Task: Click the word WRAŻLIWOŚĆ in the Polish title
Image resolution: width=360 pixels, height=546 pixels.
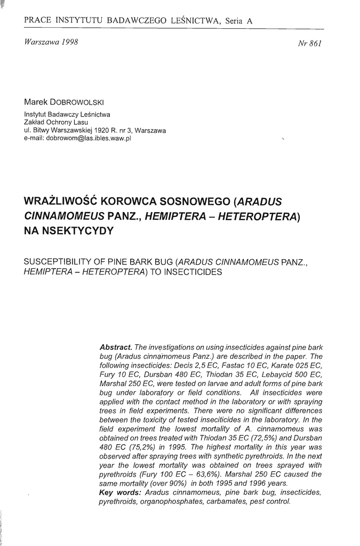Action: (61, 202)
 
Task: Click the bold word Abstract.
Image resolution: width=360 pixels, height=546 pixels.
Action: (116, 347)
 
